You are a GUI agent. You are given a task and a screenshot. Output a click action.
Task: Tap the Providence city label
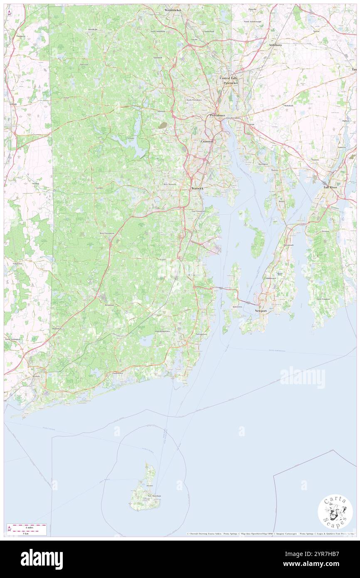217,115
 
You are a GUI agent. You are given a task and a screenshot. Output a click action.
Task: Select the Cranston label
207,141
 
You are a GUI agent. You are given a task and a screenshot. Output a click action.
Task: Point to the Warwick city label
197,188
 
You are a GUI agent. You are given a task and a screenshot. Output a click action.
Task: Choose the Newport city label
261,311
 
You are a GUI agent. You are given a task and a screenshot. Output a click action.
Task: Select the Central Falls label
229,78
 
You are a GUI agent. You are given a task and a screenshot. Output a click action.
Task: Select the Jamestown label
237,307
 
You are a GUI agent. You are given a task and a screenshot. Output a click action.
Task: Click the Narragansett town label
201,334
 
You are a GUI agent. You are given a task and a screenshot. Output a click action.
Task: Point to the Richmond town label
110,305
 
